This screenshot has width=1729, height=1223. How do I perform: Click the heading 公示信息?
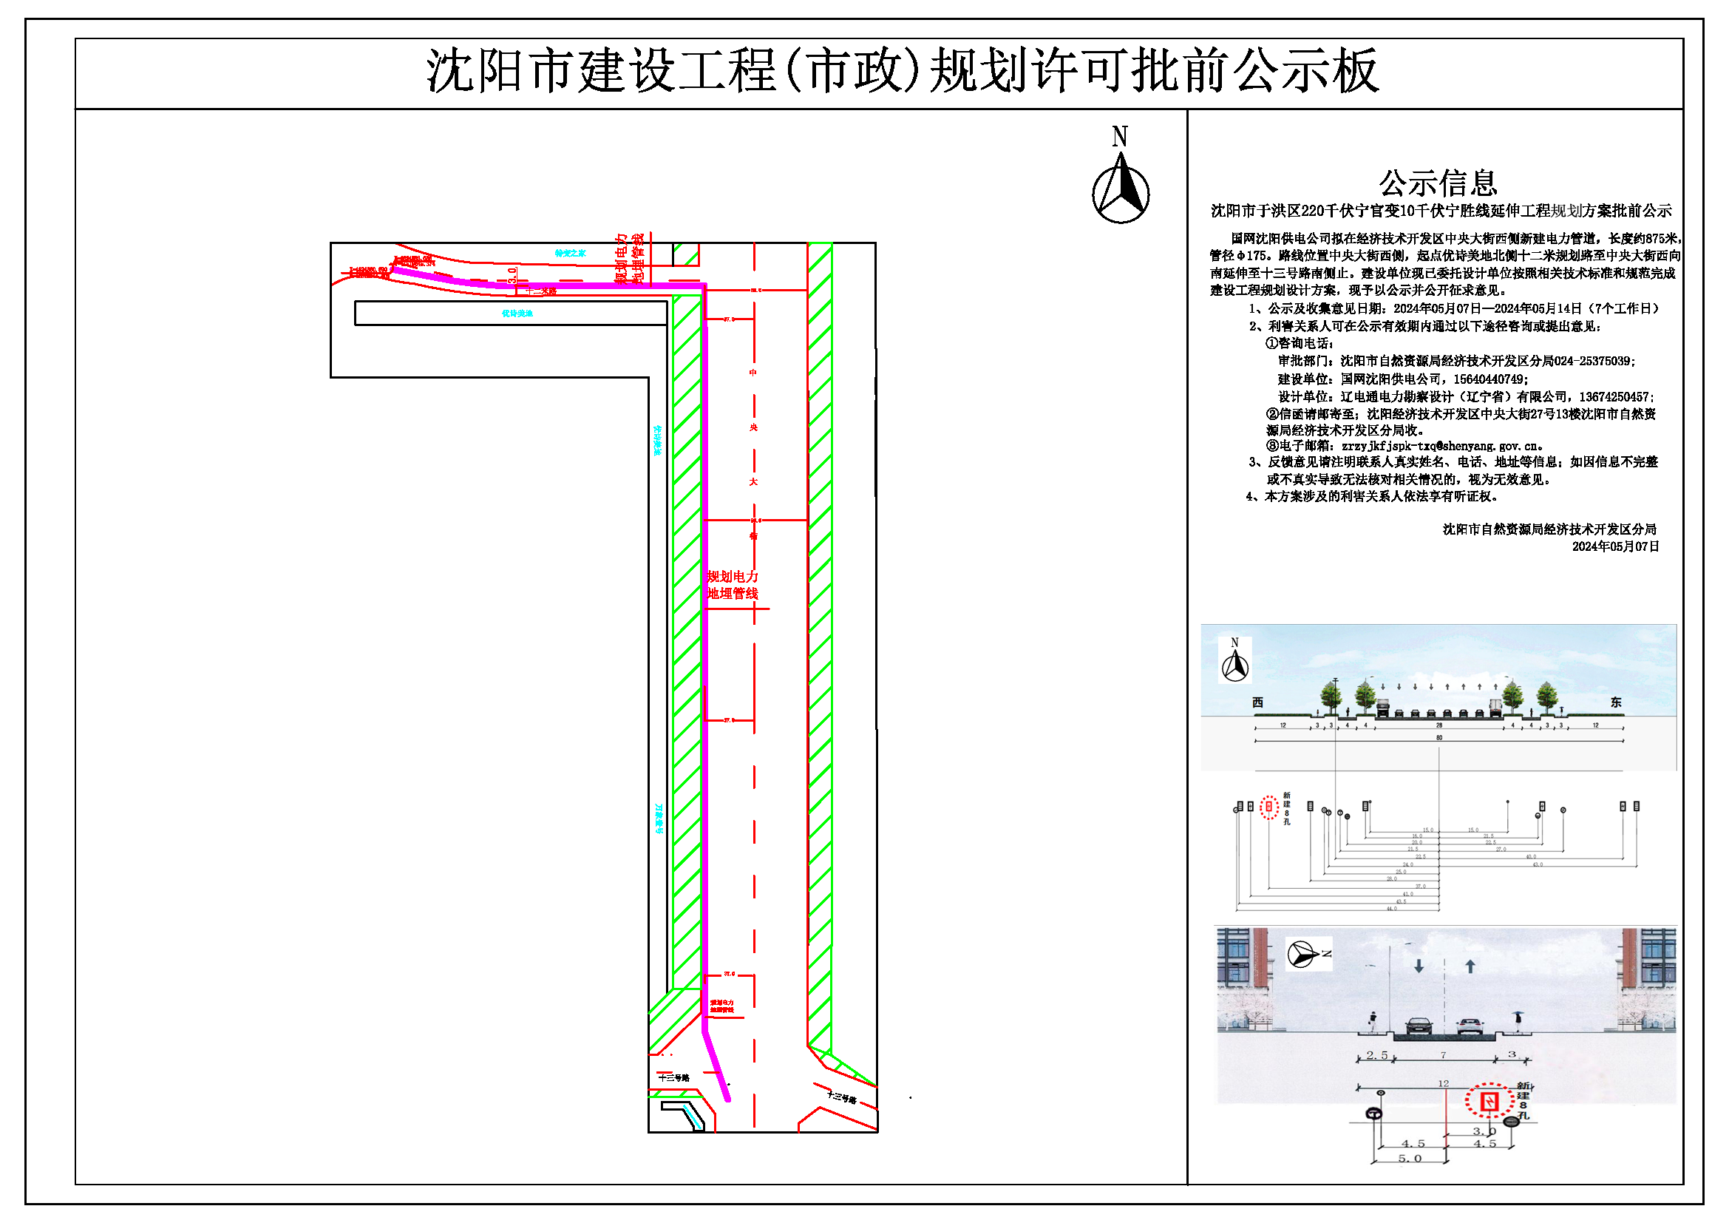click(x=1438, y=183)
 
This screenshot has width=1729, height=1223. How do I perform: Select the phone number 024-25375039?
click(x=1594, y=362)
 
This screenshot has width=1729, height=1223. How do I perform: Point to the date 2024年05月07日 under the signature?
click(x=1615, y=546)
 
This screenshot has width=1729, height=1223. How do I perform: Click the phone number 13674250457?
click(x=1614, y=397)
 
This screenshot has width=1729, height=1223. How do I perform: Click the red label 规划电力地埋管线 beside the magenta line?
click(x=733, y=585)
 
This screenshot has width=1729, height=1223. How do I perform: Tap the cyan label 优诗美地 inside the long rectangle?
click(x=517, y=314)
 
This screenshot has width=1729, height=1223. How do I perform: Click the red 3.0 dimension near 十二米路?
click(x=513, y=275)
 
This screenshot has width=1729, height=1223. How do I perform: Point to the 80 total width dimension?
click(x=1439, y=738)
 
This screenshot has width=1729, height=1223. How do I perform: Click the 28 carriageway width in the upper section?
click(x=1439, y=725)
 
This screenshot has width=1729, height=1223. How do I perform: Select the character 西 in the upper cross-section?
click(x=1257, y=702)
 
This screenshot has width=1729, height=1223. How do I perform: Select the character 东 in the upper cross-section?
click(x=1616, y=702)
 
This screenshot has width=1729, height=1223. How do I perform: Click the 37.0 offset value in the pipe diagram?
click(x=1420, y=887)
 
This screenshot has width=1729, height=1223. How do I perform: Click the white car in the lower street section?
click(x=1470, y=1025)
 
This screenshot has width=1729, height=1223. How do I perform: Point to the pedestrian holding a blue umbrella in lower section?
click(x=1518, y=1020)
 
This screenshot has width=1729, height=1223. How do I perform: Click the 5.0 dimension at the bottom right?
click(x=1410, y=1159)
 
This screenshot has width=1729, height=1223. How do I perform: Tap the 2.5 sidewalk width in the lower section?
click(x=1376, y=1055)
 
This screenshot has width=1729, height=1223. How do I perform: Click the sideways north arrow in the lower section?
click(x=1309, y=954)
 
